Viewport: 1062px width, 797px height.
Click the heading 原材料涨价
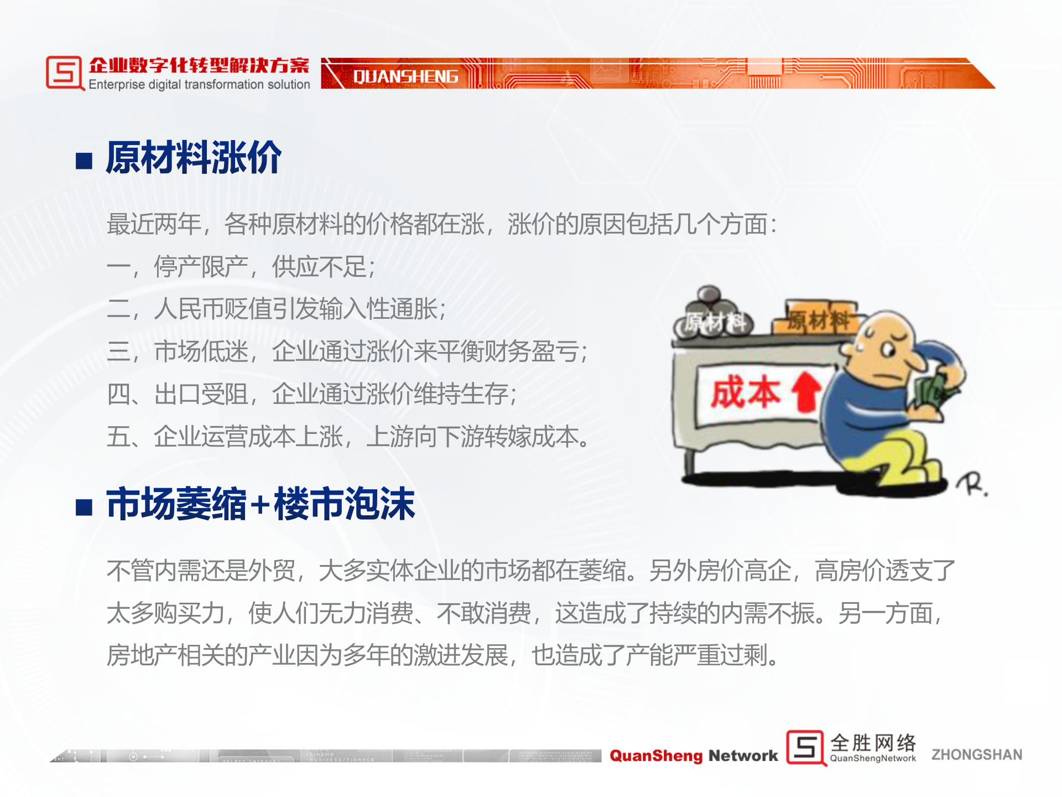click(194, 158)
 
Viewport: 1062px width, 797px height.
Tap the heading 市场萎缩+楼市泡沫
click(260, 504)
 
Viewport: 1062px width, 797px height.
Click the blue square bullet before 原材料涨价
click(84, 161)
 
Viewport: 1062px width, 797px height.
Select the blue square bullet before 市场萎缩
click(84, 506)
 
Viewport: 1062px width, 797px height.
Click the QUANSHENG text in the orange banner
click(405, 76)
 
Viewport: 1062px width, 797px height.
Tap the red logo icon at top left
click(64, 73)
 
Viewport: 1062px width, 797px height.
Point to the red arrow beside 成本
click(806, 391)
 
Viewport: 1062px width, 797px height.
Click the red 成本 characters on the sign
click(746, 393)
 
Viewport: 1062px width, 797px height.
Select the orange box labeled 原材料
click(819, 318)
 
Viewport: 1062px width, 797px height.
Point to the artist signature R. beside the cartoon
click(972, 484)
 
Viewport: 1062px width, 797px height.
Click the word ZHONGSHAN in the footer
click(976, 754)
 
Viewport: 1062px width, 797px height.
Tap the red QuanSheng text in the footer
click(656, 755)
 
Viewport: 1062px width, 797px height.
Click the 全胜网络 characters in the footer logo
click(872, 743)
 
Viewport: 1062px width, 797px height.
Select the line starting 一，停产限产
click(241, 267)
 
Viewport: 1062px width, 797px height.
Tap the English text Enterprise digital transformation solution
click(199, 85)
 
